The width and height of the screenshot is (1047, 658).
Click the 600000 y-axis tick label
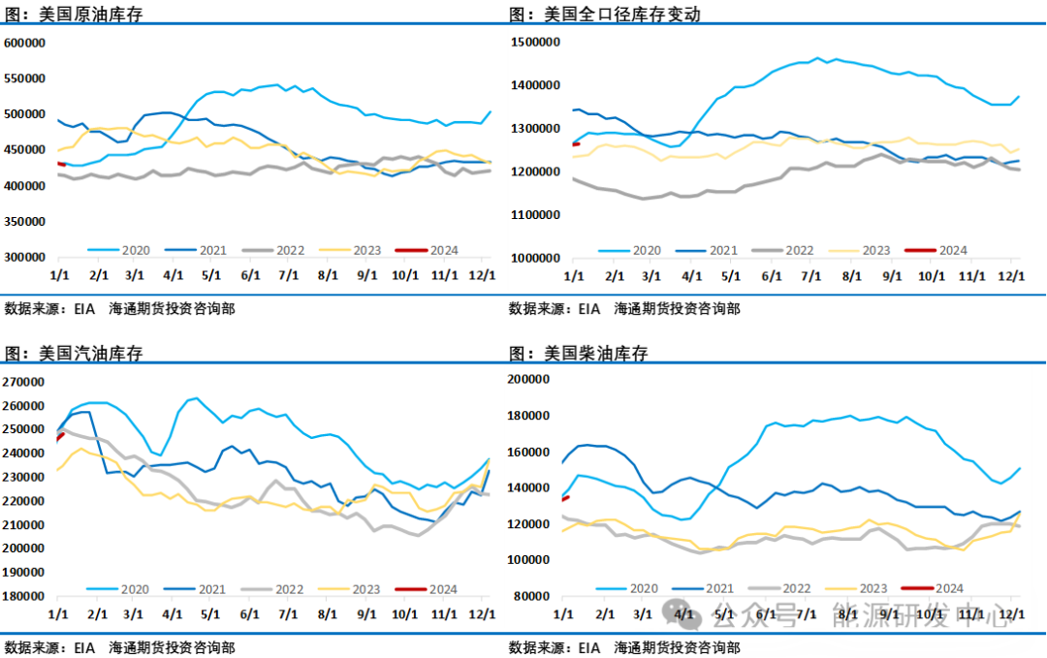click(26, 43)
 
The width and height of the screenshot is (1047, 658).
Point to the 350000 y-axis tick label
click(26, 221)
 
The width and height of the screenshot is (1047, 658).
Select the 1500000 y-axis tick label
click(536, 43)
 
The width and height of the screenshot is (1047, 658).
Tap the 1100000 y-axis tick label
click(536, 214)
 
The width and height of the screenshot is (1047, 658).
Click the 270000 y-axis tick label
click(23, 382)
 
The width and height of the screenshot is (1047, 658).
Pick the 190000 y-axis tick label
click(23, 572)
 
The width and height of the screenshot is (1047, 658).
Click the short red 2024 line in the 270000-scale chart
click(59, 436)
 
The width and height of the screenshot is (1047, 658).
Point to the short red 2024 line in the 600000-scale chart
click(61, 164)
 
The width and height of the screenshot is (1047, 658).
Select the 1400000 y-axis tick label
click(536, 86)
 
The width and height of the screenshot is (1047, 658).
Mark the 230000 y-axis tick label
click(23, 477)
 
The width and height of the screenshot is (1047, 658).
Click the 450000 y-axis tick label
click(26, 149)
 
